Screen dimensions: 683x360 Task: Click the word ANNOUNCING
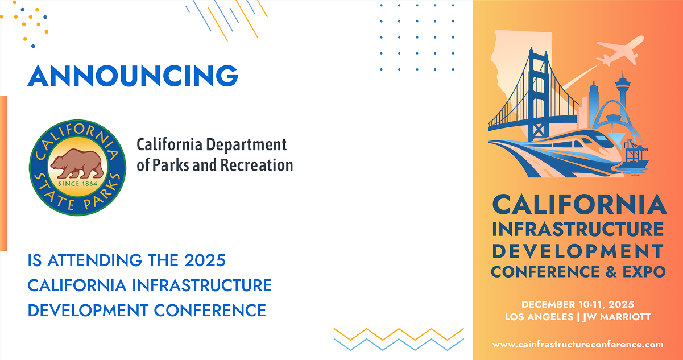pos(133,76)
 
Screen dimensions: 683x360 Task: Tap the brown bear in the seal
pos(77,164)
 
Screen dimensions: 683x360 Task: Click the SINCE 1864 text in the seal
pos(77,184)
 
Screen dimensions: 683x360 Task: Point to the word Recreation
pos(256,165)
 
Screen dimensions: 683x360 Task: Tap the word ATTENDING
pos(94,260)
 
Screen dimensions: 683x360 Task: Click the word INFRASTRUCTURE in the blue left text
pos(201,285)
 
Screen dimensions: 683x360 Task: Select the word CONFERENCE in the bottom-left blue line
pos(210,311)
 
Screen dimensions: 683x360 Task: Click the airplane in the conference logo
pos(620,50)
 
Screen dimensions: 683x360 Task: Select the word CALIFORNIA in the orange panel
pos(579,205)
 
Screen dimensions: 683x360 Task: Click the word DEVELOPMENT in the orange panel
pos(578,251)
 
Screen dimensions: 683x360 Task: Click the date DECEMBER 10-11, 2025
pos(578,304)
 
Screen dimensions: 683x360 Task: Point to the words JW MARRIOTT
pos(616,317)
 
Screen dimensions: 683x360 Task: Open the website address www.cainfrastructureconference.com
pos(578,345)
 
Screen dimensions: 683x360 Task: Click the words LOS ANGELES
pos(539,317)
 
